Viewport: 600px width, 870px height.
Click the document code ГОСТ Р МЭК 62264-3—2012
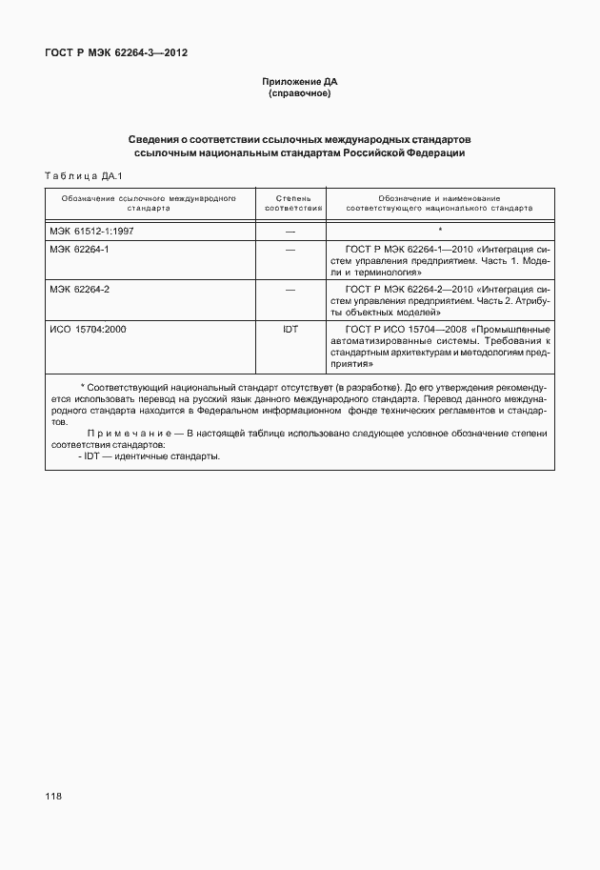click(116, 53)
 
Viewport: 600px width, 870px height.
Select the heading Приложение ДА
click(300, 83)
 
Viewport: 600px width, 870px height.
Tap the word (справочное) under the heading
click(300, 94)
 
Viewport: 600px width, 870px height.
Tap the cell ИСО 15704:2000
click(88, 329)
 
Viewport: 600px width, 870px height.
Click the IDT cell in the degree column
click(290, 329)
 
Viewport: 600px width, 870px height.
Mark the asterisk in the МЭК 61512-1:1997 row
click(440, 231)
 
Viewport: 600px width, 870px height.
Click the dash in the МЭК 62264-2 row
click(290, 288)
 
